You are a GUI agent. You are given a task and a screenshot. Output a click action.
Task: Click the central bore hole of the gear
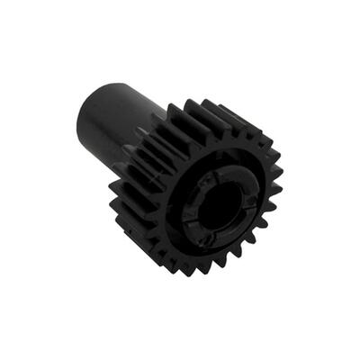coord(215,205)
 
